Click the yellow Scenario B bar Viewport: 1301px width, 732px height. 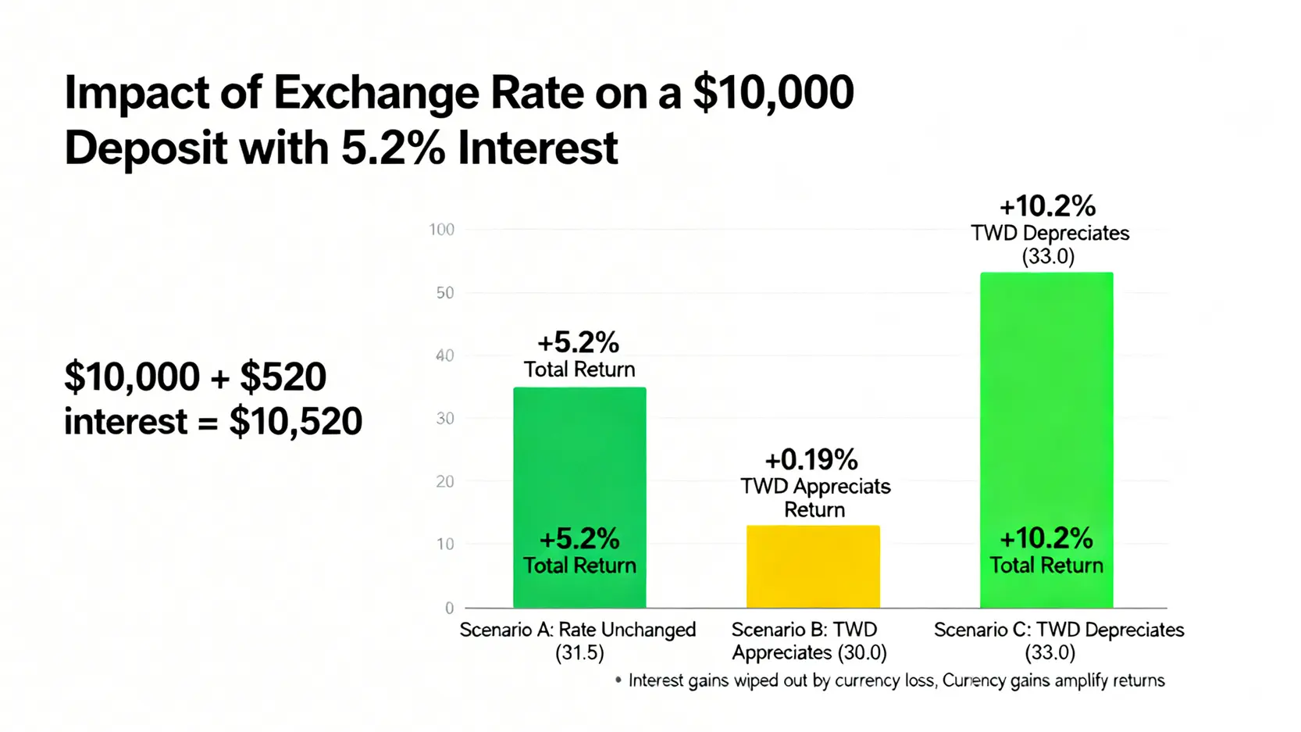(x=813, y=566)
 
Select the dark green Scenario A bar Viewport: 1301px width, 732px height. (x=579, y=469)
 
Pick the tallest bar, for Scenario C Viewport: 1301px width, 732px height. (x=1046, y=406)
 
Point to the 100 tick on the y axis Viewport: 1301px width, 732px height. (x=441, y=230)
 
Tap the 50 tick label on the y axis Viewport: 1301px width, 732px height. (x=445, y=293)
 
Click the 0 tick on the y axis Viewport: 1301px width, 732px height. (x=449, y=608)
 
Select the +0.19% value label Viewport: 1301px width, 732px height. (x=811, y=459)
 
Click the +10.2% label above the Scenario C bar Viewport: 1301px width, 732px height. (x=1047, y=206)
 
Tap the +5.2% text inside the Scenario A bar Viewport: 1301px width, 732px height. (x=579, y=538)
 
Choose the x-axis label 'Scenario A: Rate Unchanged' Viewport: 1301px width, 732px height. (x=577, y=630)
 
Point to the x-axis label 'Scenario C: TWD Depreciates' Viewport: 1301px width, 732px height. (x=1059, y=630)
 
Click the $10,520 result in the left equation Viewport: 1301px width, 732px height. (x=295, y=422)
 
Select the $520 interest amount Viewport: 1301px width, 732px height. (x=283, y=377)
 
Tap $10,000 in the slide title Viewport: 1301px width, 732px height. (x=773, y=93)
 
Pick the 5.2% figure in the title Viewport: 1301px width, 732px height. (x=394, y=148)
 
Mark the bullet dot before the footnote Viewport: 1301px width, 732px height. (x=618, y=680)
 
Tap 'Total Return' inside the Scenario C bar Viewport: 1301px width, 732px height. (x=1046, y=565)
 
